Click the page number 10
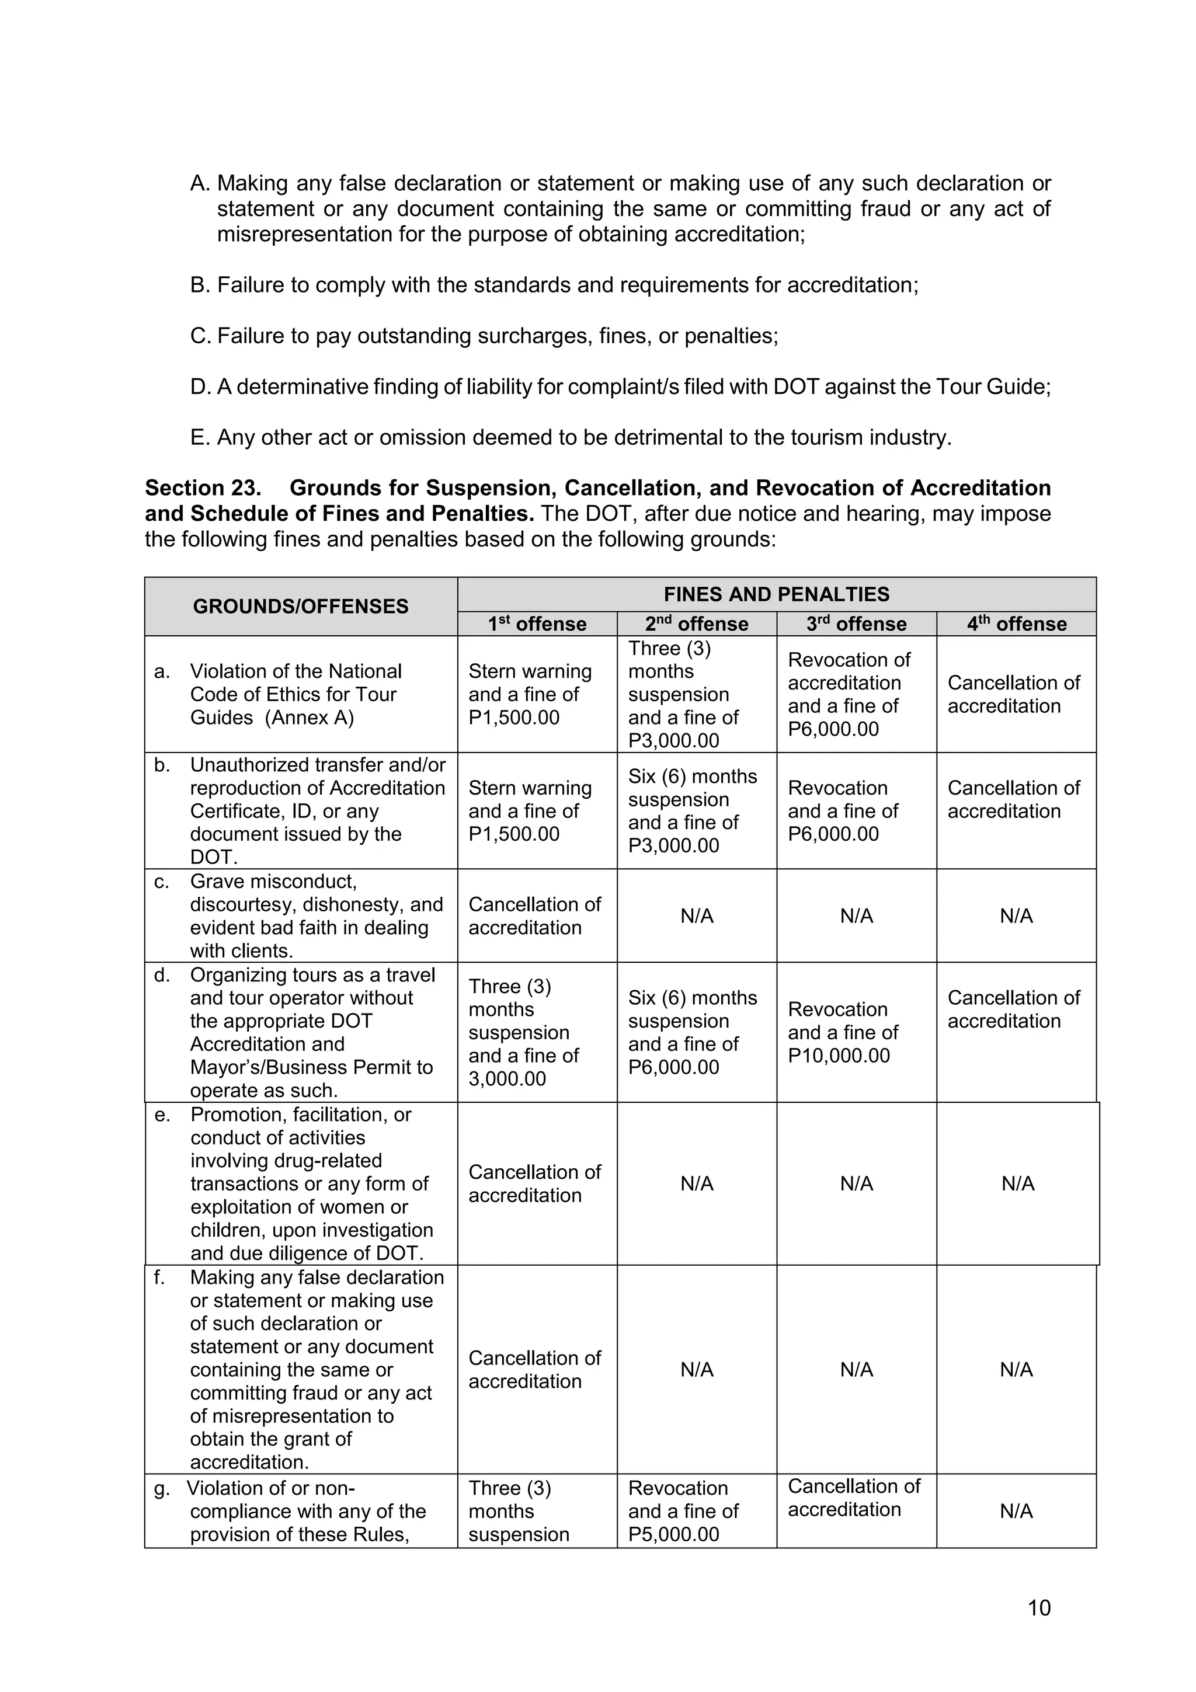[1038, 1607]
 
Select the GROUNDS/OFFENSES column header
[300, 607]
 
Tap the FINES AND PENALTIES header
[776, 594]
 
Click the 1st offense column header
[537, 624]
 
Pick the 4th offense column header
[1016, 624]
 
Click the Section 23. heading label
[203, 488]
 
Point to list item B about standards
[554, 284]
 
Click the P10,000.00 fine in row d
[839, 1055]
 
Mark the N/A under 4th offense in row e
[1018, 1183]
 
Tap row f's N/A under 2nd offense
[696, 1369]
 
